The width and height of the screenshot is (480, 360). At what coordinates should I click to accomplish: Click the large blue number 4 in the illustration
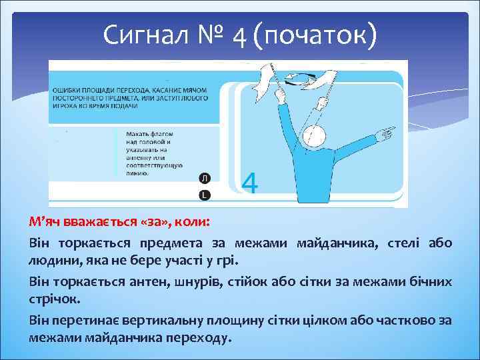(249, 182)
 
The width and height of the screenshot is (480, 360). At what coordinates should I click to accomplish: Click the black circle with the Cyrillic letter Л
(205, 177)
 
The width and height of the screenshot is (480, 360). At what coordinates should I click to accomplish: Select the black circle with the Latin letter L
(205, 194)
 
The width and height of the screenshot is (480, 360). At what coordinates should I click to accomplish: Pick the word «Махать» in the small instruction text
(138, 134)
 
